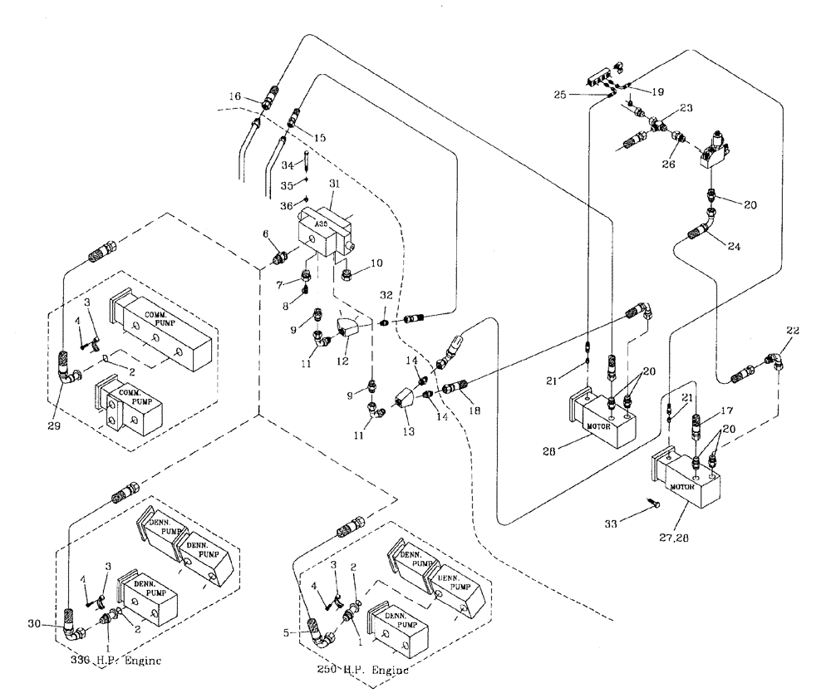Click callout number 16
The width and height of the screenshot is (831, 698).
coord(235,97)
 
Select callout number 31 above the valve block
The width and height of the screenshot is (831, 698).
coord(335,184)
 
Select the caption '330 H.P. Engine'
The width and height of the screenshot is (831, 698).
coord(116,661)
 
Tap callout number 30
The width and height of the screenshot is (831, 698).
coord(33,624)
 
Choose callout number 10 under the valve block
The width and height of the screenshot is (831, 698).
coord(376,263)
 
